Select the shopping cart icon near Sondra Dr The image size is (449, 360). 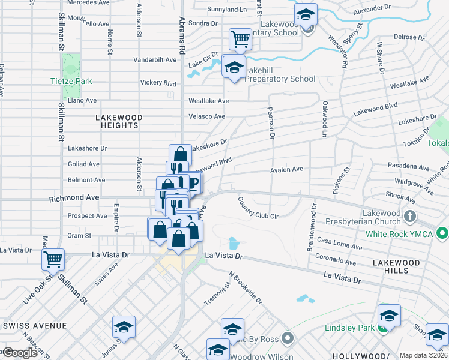(x=240, y=40)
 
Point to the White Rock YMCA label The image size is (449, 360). (x=399, y=233)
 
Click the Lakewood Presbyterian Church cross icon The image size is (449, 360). (x=409, y=215)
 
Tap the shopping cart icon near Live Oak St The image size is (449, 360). (x=53, y=260)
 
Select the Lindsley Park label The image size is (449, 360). (x=349, y=328)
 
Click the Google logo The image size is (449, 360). (x=20, y=353)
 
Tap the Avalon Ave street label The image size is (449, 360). (x=286, y=170)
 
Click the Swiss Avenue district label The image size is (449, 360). (x=35, y=326)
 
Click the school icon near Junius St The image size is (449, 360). (x=124, y=327)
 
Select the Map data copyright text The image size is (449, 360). (x=424, y=355)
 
